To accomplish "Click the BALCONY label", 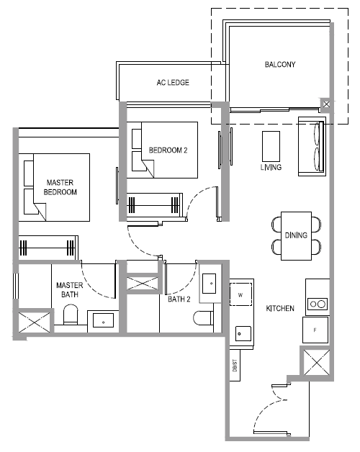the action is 280,64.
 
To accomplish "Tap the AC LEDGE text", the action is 173,83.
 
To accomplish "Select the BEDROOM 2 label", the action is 168,150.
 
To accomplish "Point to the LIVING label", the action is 271,167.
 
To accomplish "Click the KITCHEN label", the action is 280,308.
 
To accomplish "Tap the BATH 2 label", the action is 179,299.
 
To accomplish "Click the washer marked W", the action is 240,294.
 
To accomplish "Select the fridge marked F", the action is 315,330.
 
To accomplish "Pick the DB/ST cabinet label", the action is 235,365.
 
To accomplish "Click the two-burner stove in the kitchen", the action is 318,304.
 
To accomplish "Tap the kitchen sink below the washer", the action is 243,334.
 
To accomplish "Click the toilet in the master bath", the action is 71,315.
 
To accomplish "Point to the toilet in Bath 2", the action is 203,318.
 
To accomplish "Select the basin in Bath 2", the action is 209,284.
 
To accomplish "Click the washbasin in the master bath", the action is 103,320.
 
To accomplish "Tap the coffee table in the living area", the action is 271,146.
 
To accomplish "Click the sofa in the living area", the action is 312,146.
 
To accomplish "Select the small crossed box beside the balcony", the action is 326,104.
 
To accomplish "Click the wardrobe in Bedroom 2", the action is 155,205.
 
